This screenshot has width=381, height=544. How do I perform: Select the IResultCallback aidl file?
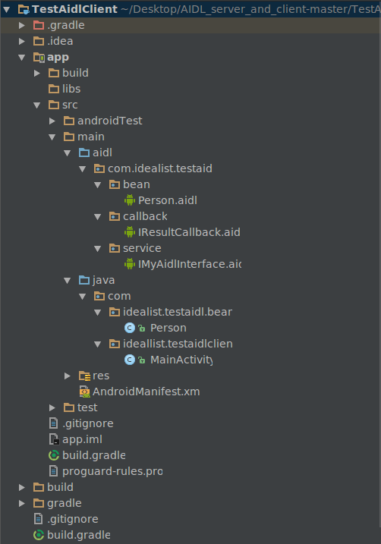coord(189,232)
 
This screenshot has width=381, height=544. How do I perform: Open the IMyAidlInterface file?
coord(189,264)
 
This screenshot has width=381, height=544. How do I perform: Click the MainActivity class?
coord(181,360)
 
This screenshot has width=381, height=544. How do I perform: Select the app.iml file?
coord(81,439)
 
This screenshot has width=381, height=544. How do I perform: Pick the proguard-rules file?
coord(112,471)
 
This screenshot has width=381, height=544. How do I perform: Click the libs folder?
coord(71,89)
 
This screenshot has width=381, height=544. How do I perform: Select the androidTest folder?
coord(109,121)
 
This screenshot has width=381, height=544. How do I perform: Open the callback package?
coord(144,216)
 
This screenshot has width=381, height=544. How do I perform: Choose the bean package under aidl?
coord(136,184)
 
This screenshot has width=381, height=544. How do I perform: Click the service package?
coord(141,248)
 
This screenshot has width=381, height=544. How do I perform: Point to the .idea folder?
coord(60,41)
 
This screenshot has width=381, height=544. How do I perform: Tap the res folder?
coord(101,376)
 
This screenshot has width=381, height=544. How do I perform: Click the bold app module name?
coord(57,57)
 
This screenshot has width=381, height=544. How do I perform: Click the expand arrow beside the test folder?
coord(52,408)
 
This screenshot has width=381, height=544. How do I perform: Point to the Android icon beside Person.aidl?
coord(130,200)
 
